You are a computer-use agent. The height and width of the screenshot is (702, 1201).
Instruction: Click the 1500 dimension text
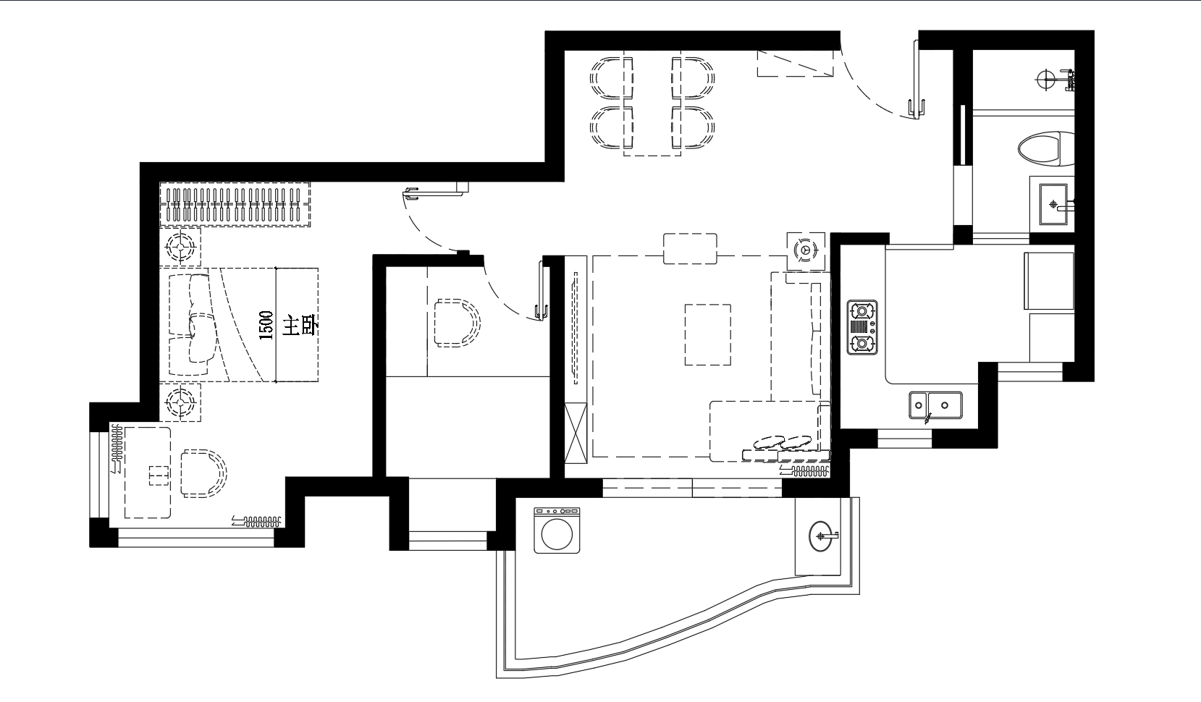coord(266,325)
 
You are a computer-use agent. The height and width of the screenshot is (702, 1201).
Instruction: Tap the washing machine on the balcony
coord(557,530)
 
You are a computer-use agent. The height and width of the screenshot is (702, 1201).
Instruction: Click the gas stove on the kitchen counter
coord(862,327)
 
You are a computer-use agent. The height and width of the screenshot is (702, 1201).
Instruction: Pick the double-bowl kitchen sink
coord(935,406)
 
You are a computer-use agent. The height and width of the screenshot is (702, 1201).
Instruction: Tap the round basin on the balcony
coord(822,536)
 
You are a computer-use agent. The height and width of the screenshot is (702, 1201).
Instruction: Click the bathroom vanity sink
coord(1053,204)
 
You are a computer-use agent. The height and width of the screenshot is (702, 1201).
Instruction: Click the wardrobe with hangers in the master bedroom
coord(235,204)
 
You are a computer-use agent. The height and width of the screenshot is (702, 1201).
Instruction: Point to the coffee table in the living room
coord(708,335)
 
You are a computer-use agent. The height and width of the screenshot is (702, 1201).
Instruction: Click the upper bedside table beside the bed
coord(181,247)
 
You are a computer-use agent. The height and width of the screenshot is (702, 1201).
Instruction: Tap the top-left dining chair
coord(612,78)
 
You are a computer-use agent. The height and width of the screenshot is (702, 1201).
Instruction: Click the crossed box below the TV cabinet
coord(576,433)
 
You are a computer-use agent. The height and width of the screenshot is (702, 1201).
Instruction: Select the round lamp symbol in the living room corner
coord(806,250)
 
